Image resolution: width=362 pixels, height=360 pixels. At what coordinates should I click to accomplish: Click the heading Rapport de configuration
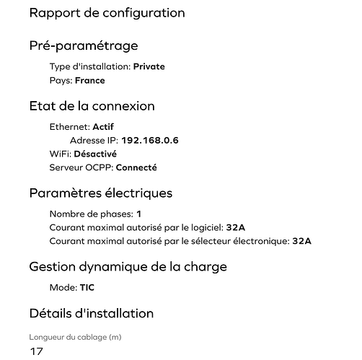tap(107, 13)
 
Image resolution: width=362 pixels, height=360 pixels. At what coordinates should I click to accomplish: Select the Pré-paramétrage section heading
tap(83, 46)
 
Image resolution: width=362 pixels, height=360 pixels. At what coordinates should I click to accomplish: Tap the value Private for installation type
tap(149, 66)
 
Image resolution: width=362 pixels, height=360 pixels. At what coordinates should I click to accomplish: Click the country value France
tap(89, 81)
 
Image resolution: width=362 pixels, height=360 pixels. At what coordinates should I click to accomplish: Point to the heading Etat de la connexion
tap(92, 106)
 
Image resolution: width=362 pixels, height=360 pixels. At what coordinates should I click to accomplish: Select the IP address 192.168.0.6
tap(150, 140)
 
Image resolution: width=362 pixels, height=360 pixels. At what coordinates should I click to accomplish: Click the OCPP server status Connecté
tap(136, 167)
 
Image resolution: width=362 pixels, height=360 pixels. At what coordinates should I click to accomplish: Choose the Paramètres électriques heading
tap(100, 193)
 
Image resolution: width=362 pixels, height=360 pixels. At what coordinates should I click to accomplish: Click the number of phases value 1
tap(138, 214)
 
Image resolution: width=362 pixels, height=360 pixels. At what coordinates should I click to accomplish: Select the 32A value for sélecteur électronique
tap(301, 241)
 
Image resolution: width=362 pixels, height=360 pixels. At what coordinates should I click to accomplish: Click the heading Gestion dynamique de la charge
tap(128, 267)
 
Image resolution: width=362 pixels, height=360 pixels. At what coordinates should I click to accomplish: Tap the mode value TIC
tap(87, 287)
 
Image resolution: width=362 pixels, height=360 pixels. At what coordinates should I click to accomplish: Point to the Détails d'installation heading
tap(91, 313)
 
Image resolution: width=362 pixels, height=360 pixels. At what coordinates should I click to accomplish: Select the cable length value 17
tap(37, 352)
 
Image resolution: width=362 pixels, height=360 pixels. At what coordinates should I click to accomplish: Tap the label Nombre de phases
tap(90, 214)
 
